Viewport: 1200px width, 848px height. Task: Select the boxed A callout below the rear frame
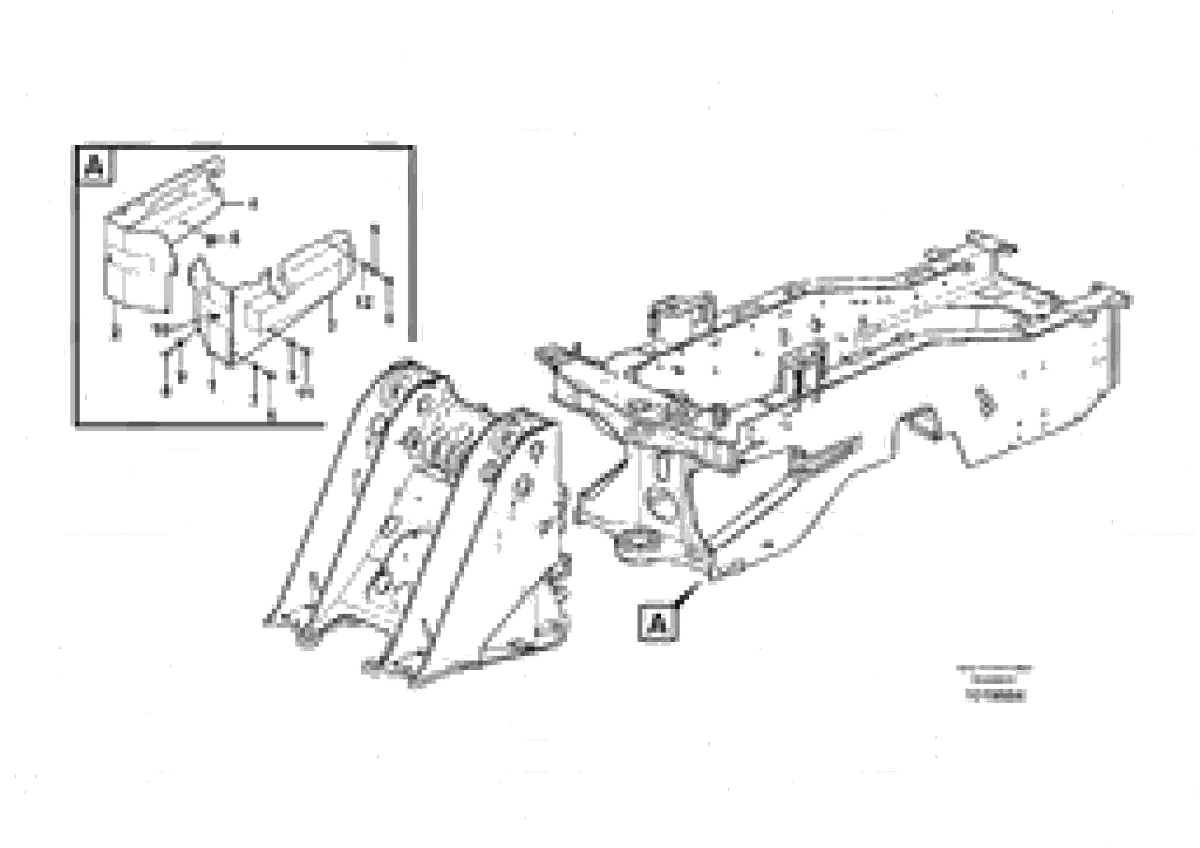658,622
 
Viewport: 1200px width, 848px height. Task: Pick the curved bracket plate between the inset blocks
209,309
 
